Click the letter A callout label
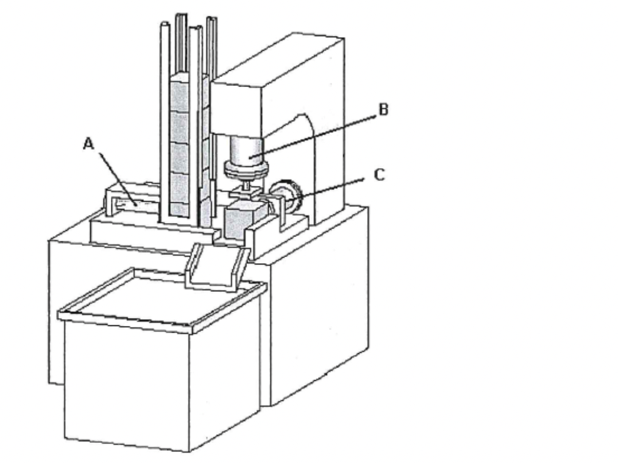click(x=89, y=143)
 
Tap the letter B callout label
click(x=383, y=110)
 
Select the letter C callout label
click(x=378, y=175)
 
